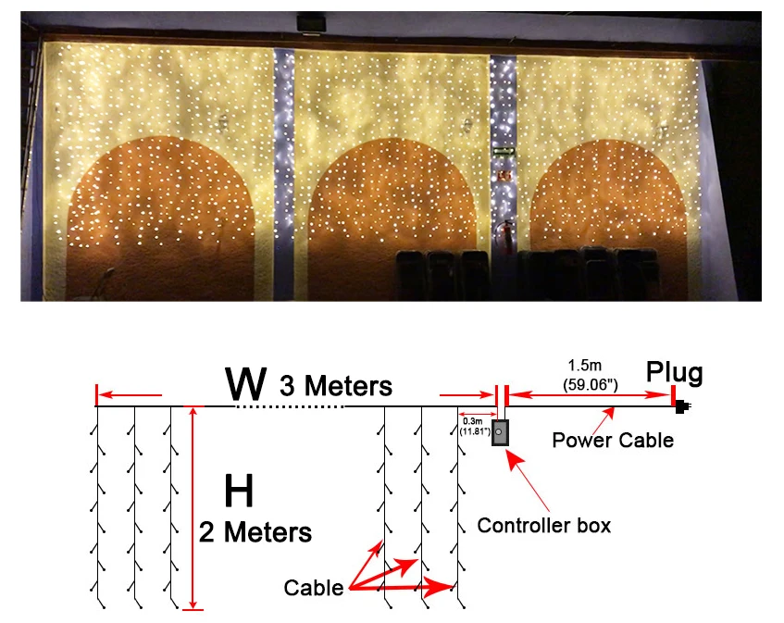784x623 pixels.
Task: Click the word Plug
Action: pos(674,373)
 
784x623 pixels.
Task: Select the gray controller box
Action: pos(500,432)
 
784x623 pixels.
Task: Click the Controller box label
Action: pos(544,526)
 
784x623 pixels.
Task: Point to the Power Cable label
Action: pos(613,440)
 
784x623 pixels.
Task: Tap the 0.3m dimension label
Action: pos(471,421)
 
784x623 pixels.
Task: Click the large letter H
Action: pos(239,492)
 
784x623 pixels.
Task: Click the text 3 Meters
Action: pos(335,384)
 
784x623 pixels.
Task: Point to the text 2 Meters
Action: pos(255,532)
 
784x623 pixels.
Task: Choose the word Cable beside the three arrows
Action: pos(314,587)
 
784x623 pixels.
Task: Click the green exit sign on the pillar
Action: pos(503,151)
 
